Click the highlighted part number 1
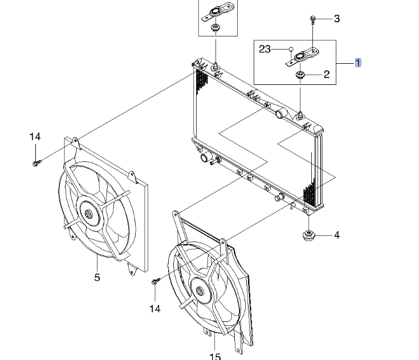[x=358, y=63]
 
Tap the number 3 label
[x=336, y=19]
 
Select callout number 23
[x=265, y=50]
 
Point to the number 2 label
[x=327, y=74]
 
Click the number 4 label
[x=336, y=235]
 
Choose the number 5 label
[x=97, y=277]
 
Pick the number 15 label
[x=214, y=357]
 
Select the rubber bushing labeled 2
[x=300, y=74]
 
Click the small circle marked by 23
[x=291, y=49]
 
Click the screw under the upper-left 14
[x=36, y=164]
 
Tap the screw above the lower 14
[x=156, y=281]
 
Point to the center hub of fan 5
[x=89, y=214]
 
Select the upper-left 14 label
[x=35, y=137]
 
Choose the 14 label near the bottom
[x=155, y=309]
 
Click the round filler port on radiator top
[x=279, y=115]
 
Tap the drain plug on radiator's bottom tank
[x=279, y=198]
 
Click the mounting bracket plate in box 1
[x=300, y=58]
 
